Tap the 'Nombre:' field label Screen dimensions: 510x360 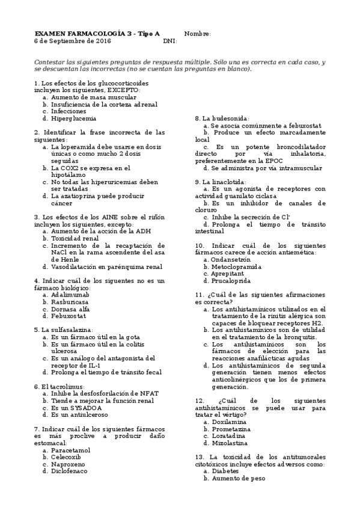197,34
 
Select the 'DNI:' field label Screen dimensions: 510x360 169,41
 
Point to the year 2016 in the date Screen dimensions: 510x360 103,41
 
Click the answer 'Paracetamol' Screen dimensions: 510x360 71,449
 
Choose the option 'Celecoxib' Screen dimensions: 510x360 66,456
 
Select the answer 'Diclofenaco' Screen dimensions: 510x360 69,471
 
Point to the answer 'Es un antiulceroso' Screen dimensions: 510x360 80,414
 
